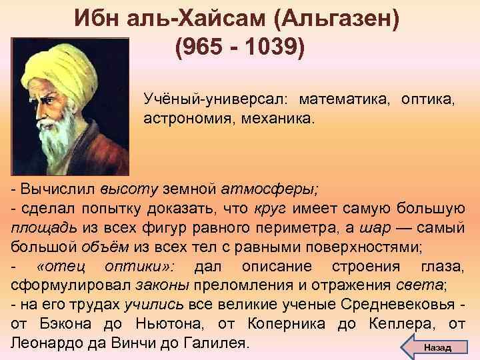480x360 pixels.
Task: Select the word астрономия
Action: coord(183,121)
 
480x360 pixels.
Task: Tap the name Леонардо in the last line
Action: coord(45,347)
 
